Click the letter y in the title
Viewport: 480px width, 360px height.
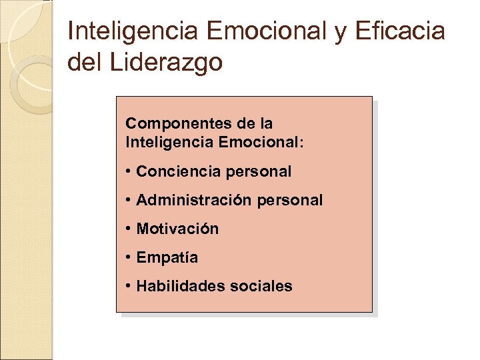point(341,33)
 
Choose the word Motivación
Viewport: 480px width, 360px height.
point(177,229)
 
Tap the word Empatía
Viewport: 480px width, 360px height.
point(167,257)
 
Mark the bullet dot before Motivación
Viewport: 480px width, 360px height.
point(127,229)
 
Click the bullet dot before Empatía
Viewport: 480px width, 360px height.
point(127,257)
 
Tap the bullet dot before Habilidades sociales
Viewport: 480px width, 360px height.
point(127,286)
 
